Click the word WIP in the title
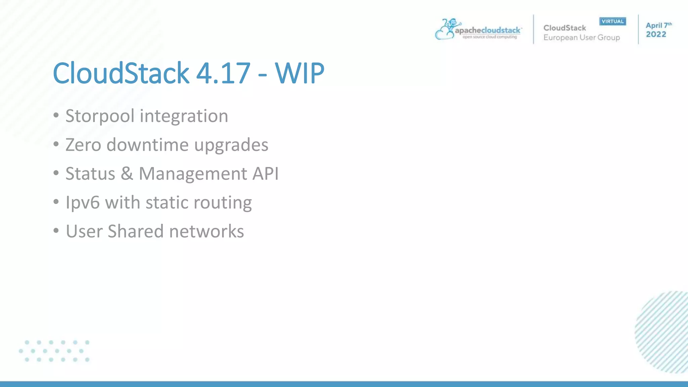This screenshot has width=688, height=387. (299, 73)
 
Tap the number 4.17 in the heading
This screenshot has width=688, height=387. (223, 73)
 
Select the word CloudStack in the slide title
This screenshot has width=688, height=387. (121, 73)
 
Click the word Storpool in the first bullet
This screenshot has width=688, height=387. (100, 116)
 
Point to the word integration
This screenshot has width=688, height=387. (184, 116)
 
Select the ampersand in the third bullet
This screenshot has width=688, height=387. (127, 174)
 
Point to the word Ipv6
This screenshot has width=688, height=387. (83, 203)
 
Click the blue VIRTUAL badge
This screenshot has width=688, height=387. (612, 21)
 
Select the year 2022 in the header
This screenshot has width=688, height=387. (656, 34)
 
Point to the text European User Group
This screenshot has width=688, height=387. (582, 38)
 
